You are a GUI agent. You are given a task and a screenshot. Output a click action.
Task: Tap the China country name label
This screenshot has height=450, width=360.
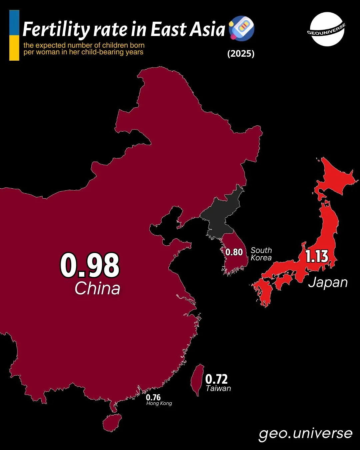[97, 288]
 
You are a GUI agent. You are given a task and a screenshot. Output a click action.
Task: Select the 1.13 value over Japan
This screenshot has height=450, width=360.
[317, 256]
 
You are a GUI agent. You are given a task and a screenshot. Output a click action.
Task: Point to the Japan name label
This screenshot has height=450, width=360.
[328, 283]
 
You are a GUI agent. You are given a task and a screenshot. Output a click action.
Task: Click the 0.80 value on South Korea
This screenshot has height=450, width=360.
[234, 252]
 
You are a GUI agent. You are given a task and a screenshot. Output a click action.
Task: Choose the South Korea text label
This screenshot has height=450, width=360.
[261, 254]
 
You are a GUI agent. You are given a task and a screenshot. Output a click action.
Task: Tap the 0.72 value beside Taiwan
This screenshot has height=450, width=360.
[216, 379]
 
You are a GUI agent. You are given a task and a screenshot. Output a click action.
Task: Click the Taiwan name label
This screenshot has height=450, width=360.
[218, 388]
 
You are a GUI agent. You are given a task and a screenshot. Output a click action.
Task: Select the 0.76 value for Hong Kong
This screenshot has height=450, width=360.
[153, 397]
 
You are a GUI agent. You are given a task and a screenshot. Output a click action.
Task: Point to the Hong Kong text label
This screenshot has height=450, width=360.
[159, 403]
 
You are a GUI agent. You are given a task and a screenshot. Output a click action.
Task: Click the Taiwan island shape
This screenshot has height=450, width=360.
[197, 380]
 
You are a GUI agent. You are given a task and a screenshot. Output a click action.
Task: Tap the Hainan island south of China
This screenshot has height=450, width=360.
[112, 423]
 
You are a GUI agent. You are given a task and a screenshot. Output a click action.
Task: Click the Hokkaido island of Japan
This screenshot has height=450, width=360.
[333, 180]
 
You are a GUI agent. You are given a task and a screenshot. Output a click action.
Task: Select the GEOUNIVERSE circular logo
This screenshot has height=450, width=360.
[327, 29]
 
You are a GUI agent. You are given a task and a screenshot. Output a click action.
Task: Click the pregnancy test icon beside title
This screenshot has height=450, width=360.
[242, 29]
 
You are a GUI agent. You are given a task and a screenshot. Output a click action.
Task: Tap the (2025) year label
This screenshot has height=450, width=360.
[241, 54]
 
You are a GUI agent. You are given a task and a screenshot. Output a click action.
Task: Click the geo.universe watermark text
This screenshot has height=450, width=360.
[305, 433]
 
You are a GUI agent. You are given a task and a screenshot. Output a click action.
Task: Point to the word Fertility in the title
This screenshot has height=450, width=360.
[56, 30]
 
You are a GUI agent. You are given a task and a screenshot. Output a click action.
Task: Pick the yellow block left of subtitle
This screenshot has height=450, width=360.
[14, 48]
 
